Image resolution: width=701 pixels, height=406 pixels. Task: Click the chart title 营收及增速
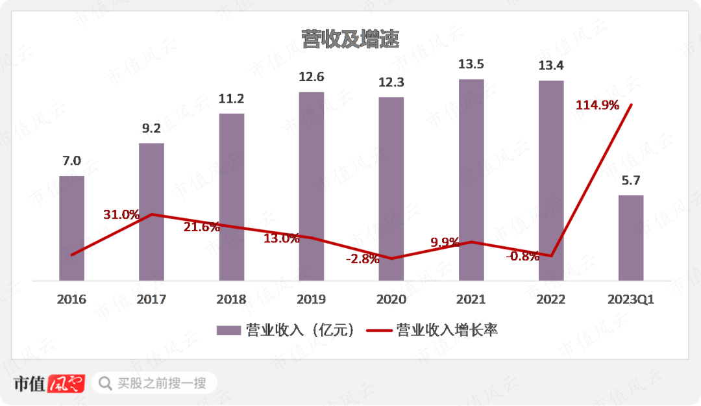350,39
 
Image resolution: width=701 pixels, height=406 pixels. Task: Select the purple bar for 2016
71,227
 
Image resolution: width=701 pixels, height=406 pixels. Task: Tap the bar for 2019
312,185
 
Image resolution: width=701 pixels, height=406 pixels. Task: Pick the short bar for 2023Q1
631,237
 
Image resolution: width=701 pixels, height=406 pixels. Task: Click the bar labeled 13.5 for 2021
471,179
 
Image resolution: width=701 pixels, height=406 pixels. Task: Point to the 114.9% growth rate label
597,105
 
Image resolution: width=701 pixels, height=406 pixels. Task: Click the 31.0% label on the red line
121,214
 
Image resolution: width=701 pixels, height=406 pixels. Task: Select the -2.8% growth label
362,259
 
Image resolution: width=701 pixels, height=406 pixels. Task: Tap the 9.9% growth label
445,242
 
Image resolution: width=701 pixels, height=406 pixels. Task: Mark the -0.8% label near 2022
523,256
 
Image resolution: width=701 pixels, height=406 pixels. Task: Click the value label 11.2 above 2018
232,99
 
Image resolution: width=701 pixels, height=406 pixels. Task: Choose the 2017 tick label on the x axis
151,299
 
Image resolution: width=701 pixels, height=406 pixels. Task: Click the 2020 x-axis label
391,299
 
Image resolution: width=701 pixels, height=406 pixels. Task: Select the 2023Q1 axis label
631,299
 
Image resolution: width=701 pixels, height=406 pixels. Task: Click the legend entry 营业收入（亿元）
286,330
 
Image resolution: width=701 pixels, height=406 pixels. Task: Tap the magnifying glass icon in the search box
104,383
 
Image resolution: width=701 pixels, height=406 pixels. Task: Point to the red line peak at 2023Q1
631,105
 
